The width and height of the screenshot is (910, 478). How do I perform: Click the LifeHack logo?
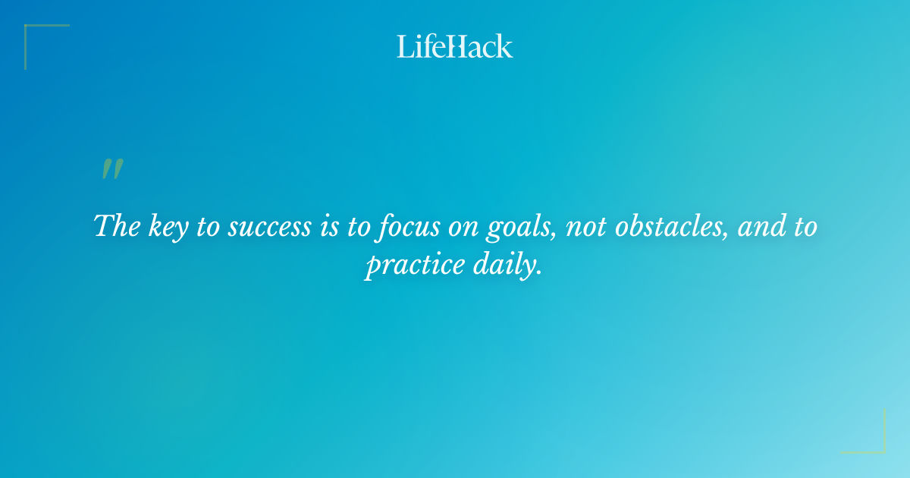(455, 46)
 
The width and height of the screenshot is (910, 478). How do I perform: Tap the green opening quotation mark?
(112, 169)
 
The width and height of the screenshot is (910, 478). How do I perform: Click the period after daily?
(540, 274)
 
